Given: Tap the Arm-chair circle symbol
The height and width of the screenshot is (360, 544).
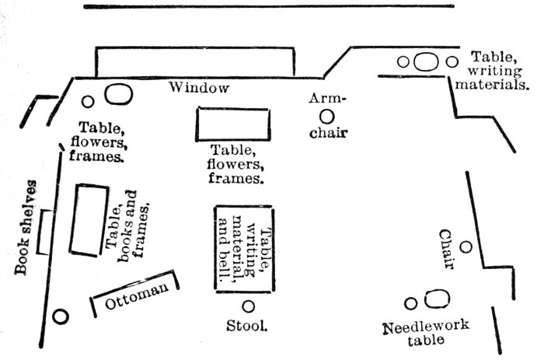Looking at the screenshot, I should coord(327,116).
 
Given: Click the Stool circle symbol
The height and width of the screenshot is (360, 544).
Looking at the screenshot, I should coord(248,306).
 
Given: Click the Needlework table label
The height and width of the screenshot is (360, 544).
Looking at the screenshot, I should coord(426,332).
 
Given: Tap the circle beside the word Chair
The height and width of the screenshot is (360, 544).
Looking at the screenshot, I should coord(466,247).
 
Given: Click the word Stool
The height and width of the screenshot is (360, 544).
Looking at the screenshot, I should coord(247,326).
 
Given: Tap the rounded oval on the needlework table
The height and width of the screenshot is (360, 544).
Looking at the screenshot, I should coord(438,300).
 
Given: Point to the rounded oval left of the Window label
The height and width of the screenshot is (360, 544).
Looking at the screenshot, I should coord(117,93).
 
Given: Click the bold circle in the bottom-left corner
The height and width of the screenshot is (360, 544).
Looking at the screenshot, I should coord(60,316).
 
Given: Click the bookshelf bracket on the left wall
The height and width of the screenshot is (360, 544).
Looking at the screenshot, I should coord(46,232).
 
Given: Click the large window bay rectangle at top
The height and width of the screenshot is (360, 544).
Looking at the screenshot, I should coord(194,61).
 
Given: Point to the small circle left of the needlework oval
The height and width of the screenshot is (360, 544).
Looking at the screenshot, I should coord(411,303).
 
